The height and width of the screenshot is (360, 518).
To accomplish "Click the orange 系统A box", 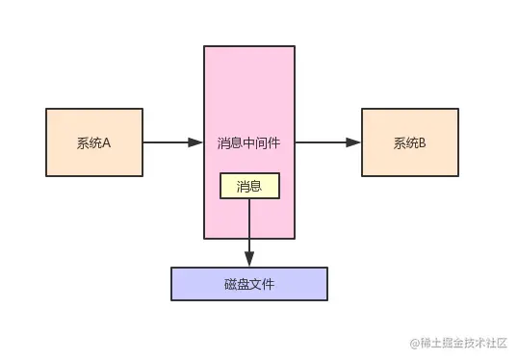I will point(94,143).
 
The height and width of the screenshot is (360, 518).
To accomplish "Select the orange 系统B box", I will point(409,143).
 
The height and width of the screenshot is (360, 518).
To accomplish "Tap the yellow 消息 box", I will point(249,186).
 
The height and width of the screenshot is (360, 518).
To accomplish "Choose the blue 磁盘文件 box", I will point(249,282).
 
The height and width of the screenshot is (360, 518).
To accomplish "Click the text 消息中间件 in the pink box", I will point(249,143).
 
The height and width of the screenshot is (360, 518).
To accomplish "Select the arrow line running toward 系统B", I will point(323,143).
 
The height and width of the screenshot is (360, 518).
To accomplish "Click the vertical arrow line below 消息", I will point(249,226).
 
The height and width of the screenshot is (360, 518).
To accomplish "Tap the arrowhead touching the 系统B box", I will point(354,143).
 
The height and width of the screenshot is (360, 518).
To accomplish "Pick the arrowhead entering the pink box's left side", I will point(196,143).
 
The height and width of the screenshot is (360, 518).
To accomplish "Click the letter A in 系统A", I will point(107,143).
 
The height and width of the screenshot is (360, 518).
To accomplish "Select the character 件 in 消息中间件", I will point(275,143).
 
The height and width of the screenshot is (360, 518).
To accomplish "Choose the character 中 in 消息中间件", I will point(249,143).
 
